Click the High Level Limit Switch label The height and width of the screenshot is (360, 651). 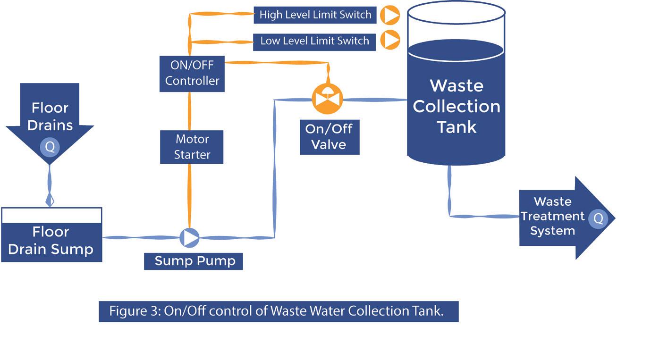pyautogui.click(x=315, y=15)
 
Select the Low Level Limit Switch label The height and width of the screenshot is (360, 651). pyautogui.click(x=314, y=41)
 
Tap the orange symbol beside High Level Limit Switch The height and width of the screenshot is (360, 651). pyautogui.click(x=391, y=15)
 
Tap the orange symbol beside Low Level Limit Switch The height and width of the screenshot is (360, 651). pyautogui.click(x=391, y=40)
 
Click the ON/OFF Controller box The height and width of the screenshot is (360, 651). pyautogui.click(x=192, y=73)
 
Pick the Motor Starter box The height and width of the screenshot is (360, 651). pyautogui.click(x=192, y=147)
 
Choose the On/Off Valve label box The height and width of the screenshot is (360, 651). pyautogui.click(x=329, y=137)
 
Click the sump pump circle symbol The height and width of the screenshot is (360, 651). pyautogui.click(x=190, y=237)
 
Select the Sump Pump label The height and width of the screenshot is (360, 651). pyautogui.click(x=194, y=261)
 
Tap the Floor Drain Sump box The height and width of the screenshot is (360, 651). pyautogui.click(x=51, y=241)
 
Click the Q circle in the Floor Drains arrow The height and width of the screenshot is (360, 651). pyautogui.click(x=50, y=147)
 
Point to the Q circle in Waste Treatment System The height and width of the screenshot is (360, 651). pyautogui.click(x=598, y=218)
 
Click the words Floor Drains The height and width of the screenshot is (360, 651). pyautogui.click(x=50, y=117)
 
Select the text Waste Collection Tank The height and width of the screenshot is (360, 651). pyautogui.click(x=456, y=106)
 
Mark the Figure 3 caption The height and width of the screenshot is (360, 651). pyautogui.click(x=278, y=311)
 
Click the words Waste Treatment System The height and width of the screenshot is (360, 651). pyautogui.click(x=553, y=216)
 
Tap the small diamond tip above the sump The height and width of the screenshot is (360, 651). pyautogui.click(x=50, y=201)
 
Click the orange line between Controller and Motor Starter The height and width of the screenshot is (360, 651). pyautogui.click(x=190, y=111)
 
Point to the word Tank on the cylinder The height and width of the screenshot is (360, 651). pyautogui.click(x=457, y=127)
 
